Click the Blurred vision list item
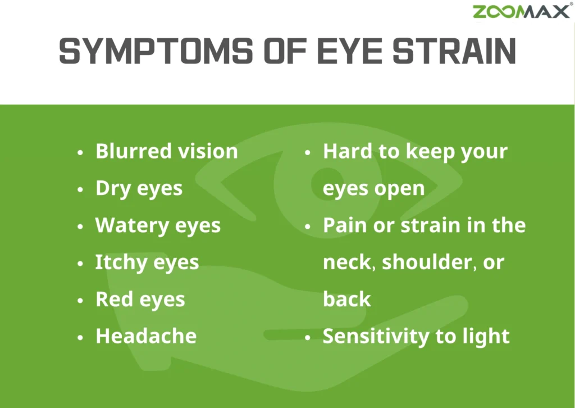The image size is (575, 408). click(x=167, y=151)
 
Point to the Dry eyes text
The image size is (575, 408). click(x=139, y=188)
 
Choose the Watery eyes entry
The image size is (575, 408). click(x=158, y=225)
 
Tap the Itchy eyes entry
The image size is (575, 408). click(x=147, y=262)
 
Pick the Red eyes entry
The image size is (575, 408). click(x=140, y=300)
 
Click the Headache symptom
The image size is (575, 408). click(x=146, y=336)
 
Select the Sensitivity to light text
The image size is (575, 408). click(x=416, y=336)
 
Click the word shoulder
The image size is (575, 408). click(x=426, y=262)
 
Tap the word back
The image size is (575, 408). click(x=346, y=300)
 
